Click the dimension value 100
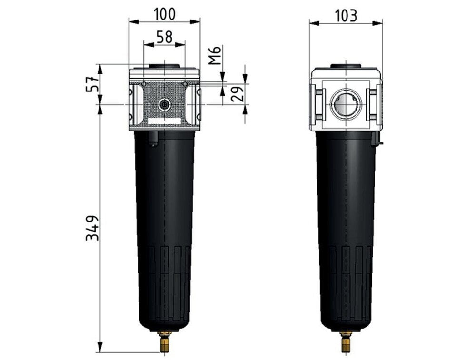(164, 14)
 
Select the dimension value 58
(164, 37)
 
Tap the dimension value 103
(346, 15)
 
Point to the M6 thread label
(215, 55)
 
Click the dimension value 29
(239, 94)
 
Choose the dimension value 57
(93, 84)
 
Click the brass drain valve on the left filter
(164, 342)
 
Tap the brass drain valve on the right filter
(346, 342)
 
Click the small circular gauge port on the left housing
(164, 104)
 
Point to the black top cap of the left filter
(164, 66)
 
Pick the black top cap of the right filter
(346, 66)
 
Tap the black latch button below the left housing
(153, 139)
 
